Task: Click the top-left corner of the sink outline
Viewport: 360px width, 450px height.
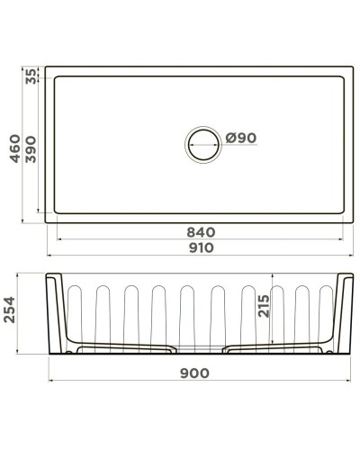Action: point(44,66)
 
